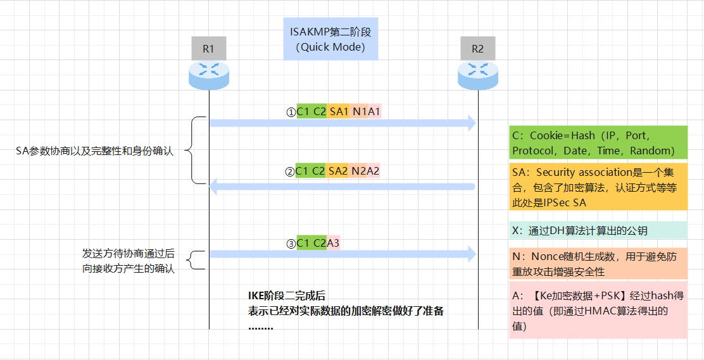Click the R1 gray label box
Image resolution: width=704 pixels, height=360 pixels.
tap(208, 49)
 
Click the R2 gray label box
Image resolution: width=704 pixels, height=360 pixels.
tap(477, 49)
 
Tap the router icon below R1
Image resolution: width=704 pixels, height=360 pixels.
tap(208, 74)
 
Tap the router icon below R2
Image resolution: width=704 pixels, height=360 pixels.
tap(477, 74)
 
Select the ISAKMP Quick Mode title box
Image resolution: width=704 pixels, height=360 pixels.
tap(330, 39)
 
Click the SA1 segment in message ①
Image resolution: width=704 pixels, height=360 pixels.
tap(339, 111)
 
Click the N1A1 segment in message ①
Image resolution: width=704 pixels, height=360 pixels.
tap(366, 111)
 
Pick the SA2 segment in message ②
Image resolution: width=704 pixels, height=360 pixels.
tap(339, 171)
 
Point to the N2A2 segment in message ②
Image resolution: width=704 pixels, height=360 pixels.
tap(365, 171)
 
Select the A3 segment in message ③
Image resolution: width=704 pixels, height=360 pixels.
tap(334, 243)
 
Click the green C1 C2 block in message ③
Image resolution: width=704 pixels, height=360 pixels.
tap(311, 243)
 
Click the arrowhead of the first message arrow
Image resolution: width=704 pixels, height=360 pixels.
tap(471, 123)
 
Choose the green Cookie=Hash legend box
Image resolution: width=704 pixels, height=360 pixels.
tap(598, 142)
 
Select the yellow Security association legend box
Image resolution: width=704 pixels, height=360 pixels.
tap(598, 187)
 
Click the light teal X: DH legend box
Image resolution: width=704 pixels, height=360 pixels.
tap(598, 230)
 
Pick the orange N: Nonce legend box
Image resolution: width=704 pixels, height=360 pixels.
tap(598, 264)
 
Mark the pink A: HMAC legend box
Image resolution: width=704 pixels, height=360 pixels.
tap(598, 310)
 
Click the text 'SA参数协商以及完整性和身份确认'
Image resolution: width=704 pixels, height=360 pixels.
tap(94, 151)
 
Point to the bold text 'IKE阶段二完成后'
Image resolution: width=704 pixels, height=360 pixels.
tap(286, 295)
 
